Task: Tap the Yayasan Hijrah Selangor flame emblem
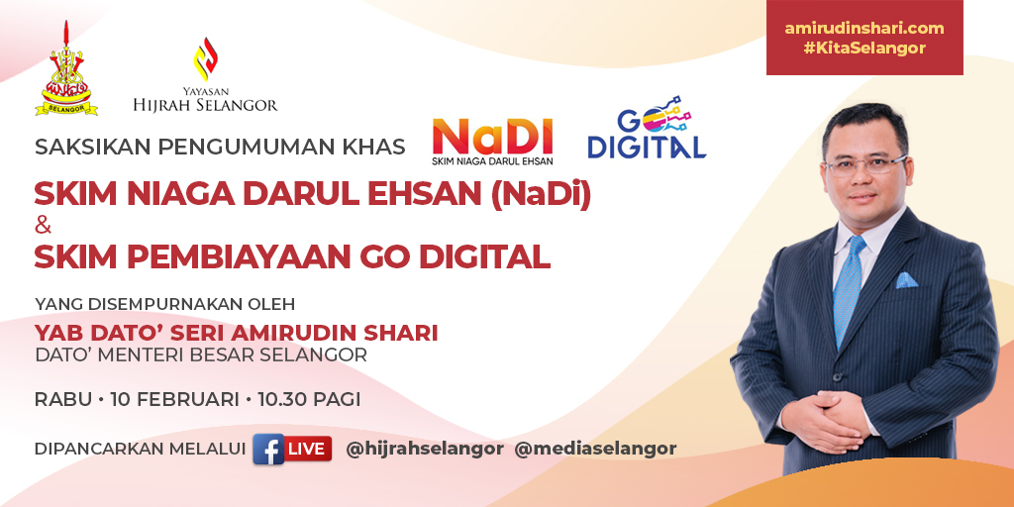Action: pyautogui.click(x=205, y=62)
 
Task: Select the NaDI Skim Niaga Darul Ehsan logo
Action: pyautogui.click(x=492, y=141)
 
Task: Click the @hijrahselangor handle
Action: pyautogui.click(x=425, y=449)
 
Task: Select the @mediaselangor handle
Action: pyautogui.click(x=595, y=449)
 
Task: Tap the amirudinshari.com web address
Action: pyautogui.click(x=863, y=29)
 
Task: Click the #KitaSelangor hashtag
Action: pyautogui.click(x=863, y=49)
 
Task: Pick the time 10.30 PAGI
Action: pyautogui.click(x=309, y=400)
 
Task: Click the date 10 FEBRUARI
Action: pyautogui.click(x=175, y=400)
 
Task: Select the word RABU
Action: pyautogui.click(x=63, y=400)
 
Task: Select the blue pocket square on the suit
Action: pyautogui.click(x=906, y=280)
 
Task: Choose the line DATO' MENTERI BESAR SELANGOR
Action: pyautogui.click(x=201, y=355)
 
